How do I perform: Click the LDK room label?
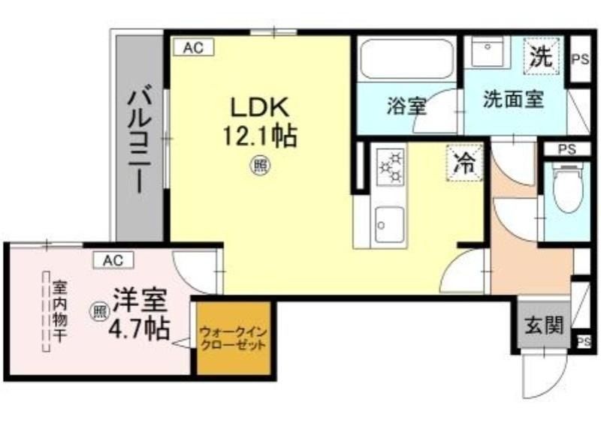tap(258, 107)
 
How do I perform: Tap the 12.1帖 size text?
tap(260, 136)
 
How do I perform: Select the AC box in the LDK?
tap(193, 48)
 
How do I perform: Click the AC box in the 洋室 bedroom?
tap(114, 260)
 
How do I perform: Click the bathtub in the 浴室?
tap(407, 59)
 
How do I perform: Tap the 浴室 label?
tap(406, 106)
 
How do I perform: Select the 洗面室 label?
tap(513, 99)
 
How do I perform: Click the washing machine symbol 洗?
tap(541, 57)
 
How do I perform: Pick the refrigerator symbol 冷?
tap(464, 163)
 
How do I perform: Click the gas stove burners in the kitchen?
tap(390, 166)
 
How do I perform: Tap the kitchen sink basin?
tap(389, 224)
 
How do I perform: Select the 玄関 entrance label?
tap(544, 326)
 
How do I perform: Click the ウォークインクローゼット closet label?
tap(234, 338)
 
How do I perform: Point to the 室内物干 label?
tap(60, 311)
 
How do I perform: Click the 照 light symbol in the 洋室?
tap(100, 311)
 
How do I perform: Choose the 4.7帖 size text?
tap(140, 328)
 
